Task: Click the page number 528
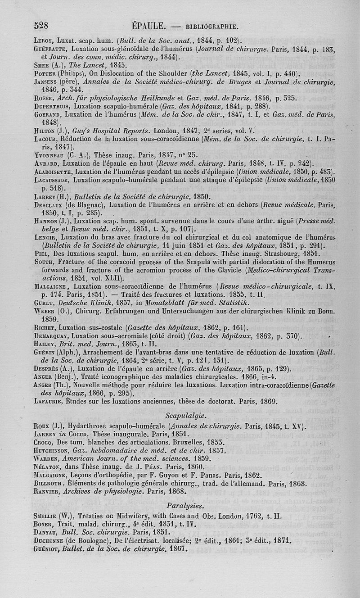point(41,25)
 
